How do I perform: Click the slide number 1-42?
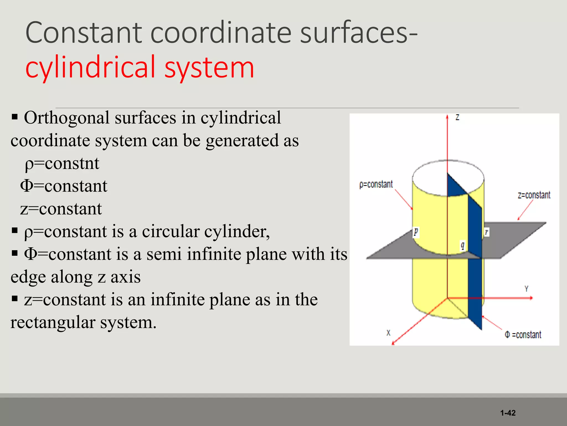pos(508,413)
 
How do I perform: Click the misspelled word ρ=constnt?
pos(62,163)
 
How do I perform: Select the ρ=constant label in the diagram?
pos(376,184)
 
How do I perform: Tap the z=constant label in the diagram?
pos(534,195)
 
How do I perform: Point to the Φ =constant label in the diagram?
pos(523,335)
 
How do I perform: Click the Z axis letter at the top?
pos(457,117)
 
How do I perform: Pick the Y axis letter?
pos(526,289)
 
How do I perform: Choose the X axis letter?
pos(388,333)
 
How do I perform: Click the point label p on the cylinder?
pos(416,232)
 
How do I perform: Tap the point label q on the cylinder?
pos(462,245)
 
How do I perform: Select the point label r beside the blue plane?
pos(486,232)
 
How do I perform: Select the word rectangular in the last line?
pos(53,322)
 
